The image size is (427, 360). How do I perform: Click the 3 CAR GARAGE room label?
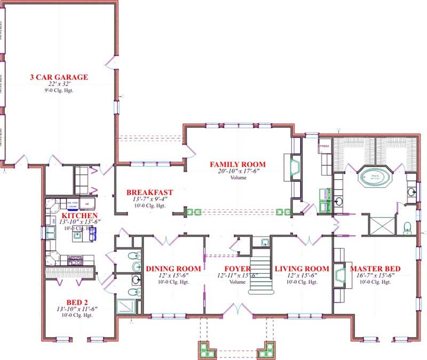click(59, 77)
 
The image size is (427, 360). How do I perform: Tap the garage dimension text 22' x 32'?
click(59, 84)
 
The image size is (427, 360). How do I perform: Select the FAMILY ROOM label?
click(238, 164)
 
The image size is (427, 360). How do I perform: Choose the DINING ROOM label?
click(173, 268)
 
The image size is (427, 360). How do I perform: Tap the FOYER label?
click(237, 268)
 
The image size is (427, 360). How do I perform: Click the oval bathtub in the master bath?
click(373, 177)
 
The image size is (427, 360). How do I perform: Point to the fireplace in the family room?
click(294, 167)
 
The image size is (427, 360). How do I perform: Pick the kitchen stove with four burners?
click(74, 260)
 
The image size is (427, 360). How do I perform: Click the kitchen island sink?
click(78, 234)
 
